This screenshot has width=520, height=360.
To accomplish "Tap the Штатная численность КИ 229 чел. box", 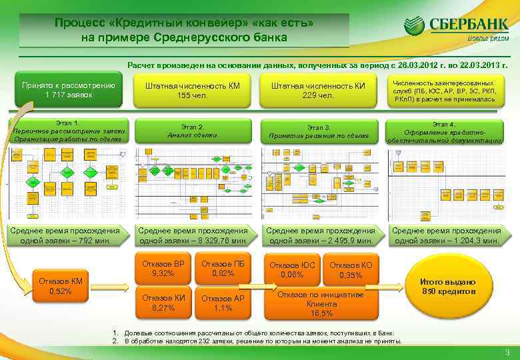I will click(x=319, y=90).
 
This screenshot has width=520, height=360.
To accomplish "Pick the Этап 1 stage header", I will click(x=68, y=131).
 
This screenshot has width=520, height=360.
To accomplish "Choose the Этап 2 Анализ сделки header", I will click(x=193, y=131).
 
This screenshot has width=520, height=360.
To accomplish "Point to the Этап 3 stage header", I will click(x=319, y=131).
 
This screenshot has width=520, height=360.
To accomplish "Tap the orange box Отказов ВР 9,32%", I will click(x=163, y=268).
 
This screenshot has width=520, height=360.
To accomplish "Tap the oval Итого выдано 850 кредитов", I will click(x=457, y=287).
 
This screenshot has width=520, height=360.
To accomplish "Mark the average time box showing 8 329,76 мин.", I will click(x=193, y=235).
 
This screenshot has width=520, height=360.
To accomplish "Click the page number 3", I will click(x=508, y=353).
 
